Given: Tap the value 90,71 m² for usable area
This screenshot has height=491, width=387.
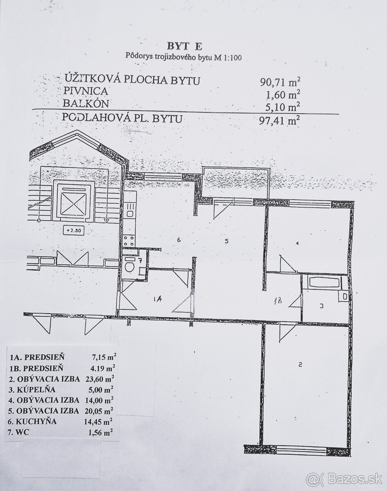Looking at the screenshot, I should click(x=283, y=82).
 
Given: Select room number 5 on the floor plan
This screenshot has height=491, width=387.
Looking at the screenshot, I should click(x=226, y=241).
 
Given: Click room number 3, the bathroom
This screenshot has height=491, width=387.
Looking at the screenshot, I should click(x=322, y=305).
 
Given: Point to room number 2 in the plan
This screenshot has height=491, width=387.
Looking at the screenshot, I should click(x=300, y=365).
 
